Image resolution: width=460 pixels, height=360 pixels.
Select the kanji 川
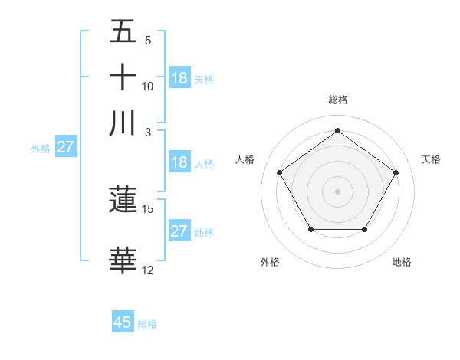123,123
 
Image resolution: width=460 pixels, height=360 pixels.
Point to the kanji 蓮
123,200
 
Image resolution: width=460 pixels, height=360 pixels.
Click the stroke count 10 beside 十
148,86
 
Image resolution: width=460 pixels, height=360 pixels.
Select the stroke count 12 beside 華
148,270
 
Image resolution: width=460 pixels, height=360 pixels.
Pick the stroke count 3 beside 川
148,132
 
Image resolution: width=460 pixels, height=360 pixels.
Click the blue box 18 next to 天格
179,78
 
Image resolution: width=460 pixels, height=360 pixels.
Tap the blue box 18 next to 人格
179,162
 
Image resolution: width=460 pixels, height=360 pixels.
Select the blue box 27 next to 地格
179,231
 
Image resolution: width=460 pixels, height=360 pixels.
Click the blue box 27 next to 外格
65,147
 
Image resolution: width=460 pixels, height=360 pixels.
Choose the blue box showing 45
123,322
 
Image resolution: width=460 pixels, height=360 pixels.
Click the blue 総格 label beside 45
148,324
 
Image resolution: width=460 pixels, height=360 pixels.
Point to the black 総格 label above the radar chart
337,100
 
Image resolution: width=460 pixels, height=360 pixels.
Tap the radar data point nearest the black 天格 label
396,172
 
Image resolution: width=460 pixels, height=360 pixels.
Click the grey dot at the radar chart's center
337,191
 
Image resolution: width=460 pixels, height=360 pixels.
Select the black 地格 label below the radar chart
402,262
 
